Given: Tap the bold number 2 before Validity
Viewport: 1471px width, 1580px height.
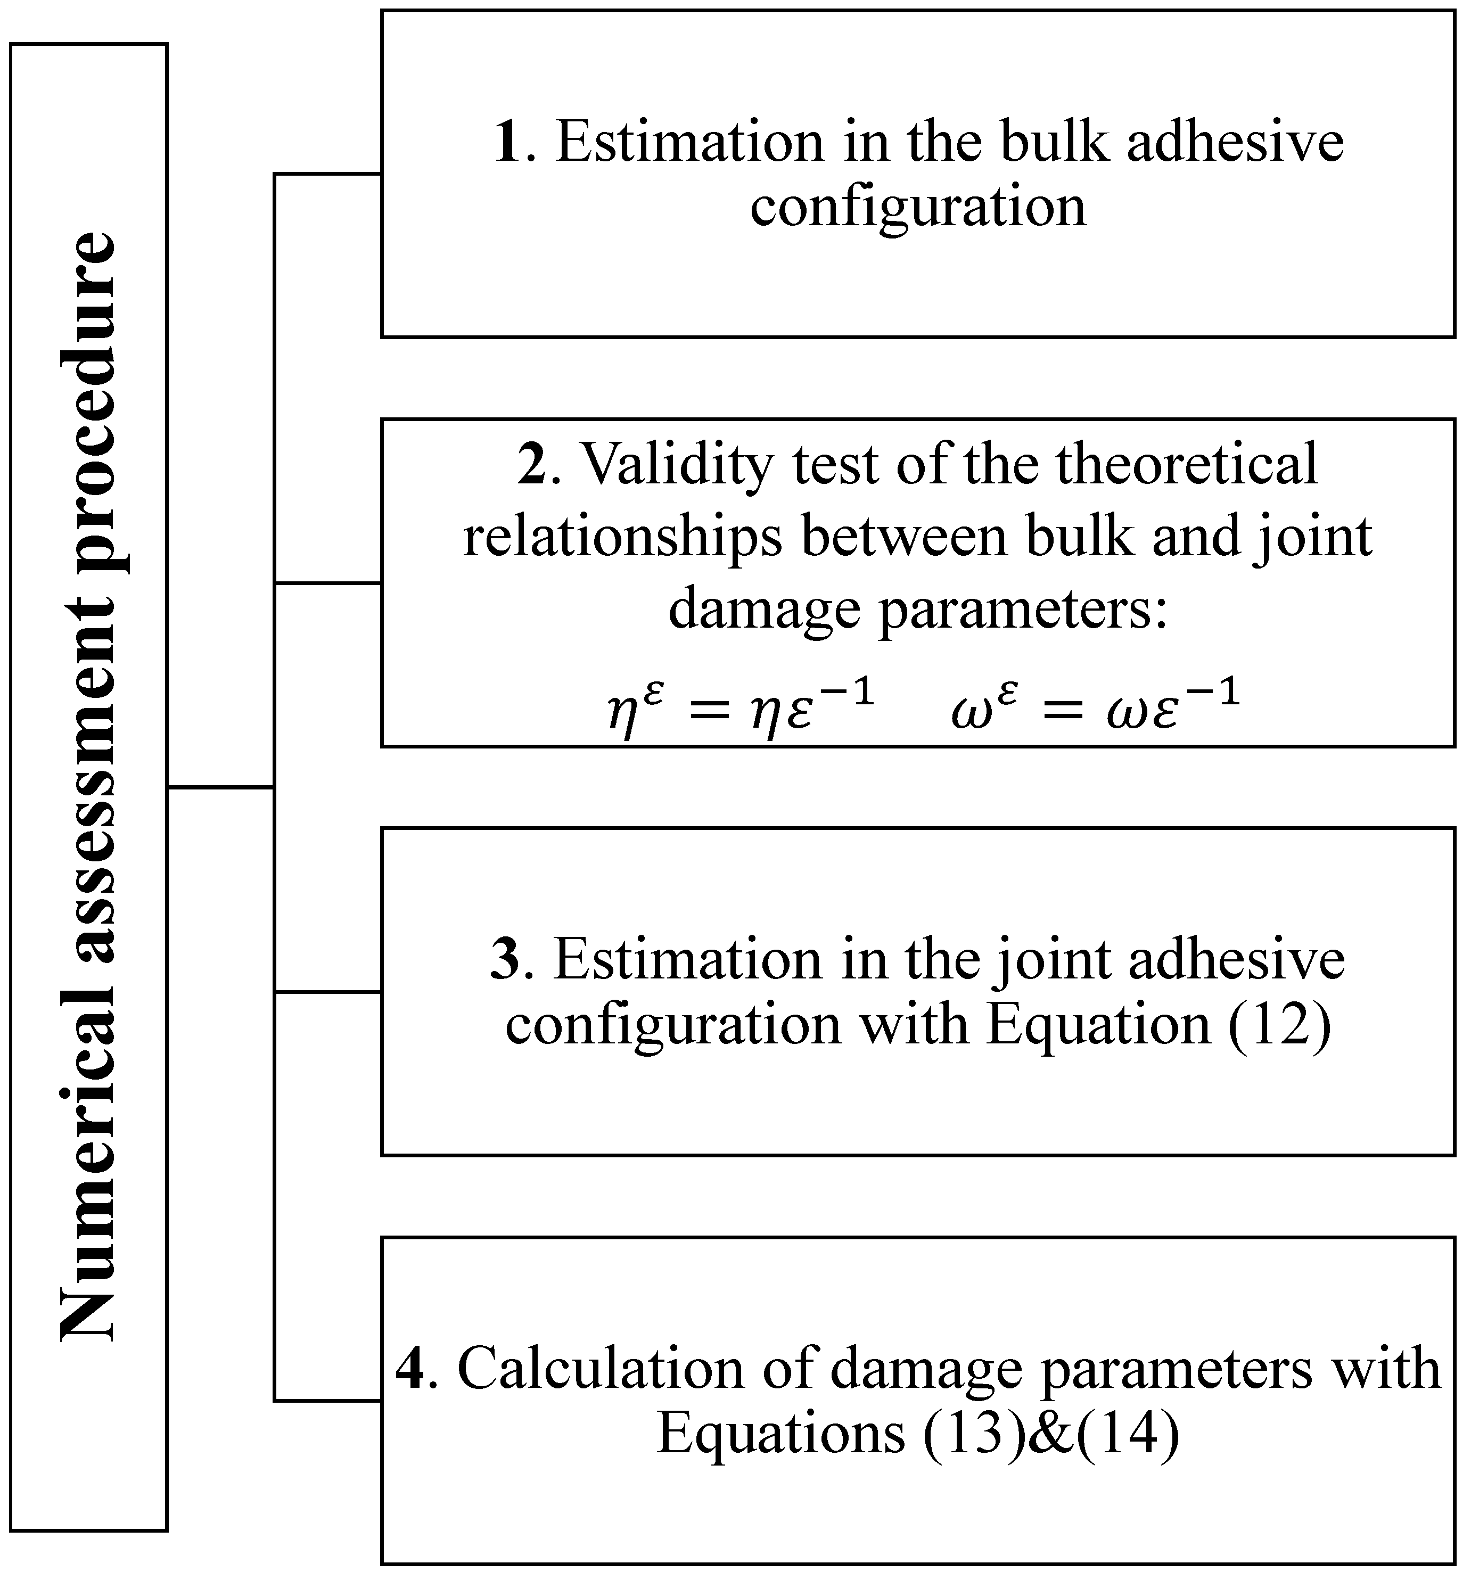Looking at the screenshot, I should coord(532,464).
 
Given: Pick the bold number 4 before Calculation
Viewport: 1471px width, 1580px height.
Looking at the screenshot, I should coord(410,1369).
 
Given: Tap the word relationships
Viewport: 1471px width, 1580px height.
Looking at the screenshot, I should coord(622,537).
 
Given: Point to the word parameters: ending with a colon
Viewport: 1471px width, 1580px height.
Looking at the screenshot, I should coord(1023,611).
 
